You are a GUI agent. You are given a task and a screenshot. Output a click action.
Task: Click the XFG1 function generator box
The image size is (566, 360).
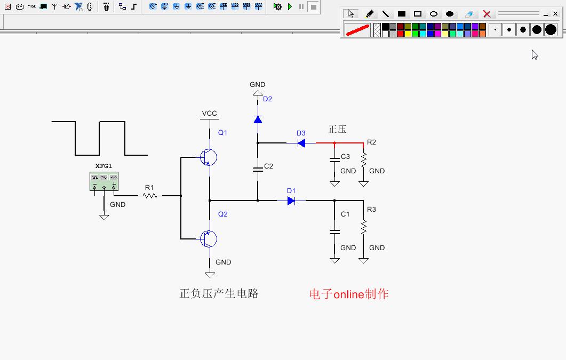[104, 181]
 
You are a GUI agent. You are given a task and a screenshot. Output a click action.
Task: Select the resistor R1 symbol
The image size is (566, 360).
[150, 196]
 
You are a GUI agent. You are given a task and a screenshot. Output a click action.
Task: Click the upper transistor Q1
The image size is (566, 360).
[209, 157]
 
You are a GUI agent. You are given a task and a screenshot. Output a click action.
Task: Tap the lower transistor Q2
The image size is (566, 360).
[209, 239]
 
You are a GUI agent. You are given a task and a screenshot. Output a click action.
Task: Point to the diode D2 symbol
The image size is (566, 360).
[258, 119]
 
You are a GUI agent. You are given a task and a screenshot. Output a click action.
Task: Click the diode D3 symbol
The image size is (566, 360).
[301, 143]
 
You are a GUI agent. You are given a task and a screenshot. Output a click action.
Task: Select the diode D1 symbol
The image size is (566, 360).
[291, 201]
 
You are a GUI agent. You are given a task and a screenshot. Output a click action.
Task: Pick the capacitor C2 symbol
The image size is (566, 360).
[258, 169]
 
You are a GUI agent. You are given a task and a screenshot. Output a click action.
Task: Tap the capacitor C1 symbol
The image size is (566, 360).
[334, 232]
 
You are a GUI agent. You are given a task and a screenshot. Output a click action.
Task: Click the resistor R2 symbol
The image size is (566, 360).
[363, 159]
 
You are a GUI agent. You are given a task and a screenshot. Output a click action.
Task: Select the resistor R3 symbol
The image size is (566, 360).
[363, 227]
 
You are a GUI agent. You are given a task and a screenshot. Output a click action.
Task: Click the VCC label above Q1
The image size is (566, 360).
[209, 114]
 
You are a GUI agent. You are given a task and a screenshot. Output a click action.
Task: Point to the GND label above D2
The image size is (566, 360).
[257, 84]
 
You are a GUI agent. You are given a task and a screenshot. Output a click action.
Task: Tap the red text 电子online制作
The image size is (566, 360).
[349, 294]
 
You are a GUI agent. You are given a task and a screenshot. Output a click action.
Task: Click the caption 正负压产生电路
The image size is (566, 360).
[219, 293]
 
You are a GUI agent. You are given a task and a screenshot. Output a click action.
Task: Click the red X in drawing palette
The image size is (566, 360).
[487, 14]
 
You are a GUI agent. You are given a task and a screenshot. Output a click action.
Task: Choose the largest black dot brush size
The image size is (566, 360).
[551, 30]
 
